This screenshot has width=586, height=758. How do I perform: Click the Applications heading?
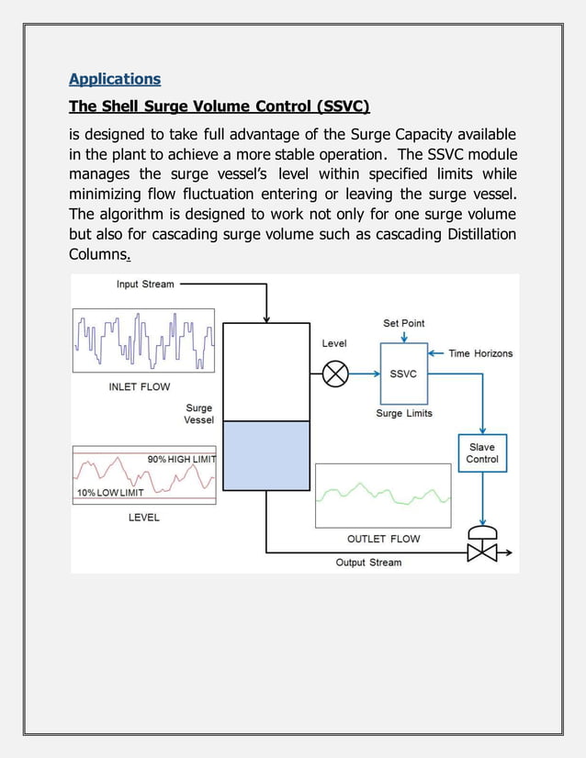click(115, 79)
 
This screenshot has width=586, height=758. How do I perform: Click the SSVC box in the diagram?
click(403, 373)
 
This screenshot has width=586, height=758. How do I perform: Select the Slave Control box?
click(482, 453)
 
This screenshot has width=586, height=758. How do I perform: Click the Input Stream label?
click(145, 284)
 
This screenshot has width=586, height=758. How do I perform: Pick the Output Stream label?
click(368, 563)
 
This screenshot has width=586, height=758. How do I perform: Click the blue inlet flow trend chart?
click(143, 340)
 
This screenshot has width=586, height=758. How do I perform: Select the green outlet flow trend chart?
click(383, 495)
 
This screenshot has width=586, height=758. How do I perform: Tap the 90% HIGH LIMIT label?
click(180, 459)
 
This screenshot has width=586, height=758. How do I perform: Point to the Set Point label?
click(404, 323)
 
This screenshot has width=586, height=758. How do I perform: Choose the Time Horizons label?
click(480, 353)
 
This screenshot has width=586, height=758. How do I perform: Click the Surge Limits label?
click(404, 414)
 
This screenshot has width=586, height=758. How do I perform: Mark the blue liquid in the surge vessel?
click(266, 455)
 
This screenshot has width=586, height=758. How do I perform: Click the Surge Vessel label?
click(199, 414)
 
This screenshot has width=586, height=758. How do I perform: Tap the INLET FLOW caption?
click(140, 387)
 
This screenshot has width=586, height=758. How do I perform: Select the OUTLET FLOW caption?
click(384, 539)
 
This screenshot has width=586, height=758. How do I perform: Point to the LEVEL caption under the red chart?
click(144, 518)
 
